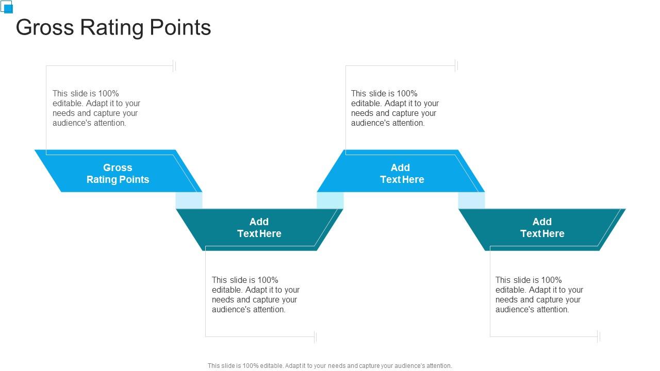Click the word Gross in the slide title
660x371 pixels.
[x=45, y=27]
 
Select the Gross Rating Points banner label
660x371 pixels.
[x=118, y=174]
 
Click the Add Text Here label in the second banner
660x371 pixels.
[x=259, y=228]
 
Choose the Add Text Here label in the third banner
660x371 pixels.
[x=401, y=174]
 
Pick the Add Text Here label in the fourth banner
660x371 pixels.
[x=542, y=228]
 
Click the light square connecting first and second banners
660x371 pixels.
[x=189, y=200]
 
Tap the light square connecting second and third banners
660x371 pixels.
[x=330, y=200]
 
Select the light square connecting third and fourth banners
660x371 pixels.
[x=471, y=200]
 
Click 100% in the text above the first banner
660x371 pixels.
[x=109, y=93]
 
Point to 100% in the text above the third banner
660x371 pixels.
[x=407, y=93]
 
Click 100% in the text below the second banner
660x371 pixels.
[x=268, y=280]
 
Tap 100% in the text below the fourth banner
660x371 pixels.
[x=552, y=280]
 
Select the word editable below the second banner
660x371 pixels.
[x=226, y=290]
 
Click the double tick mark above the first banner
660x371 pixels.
[x=174, y=65]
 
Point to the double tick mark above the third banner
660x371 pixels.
[x=456, y=65]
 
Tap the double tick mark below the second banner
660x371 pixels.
[x=315, y=337]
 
